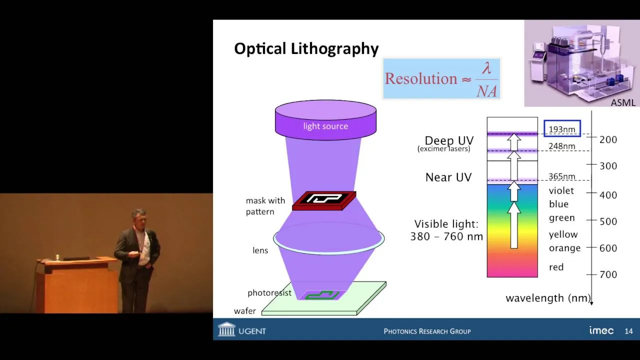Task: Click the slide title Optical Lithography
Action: pos(306,49)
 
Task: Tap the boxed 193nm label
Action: pos(562,128)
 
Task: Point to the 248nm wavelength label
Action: pos(561,146)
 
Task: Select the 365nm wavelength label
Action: pos(561,176)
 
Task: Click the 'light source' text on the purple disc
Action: pos(325,126)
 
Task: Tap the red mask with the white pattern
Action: pos(324,200)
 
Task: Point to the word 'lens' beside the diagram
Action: pos(260,250)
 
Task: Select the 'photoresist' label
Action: pos(269,293)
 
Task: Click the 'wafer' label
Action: pos(245,311)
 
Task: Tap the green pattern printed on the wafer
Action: pos(322,295)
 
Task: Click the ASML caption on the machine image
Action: pos(623,102)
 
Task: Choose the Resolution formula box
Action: pos(441,79)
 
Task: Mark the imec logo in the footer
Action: pos(601,330)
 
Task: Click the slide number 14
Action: pos(628,331)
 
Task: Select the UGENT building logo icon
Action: pos(226,329)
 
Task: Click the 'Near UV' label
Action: pos(448,177)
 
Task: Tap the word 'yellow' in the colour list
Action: pos(563,234)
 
